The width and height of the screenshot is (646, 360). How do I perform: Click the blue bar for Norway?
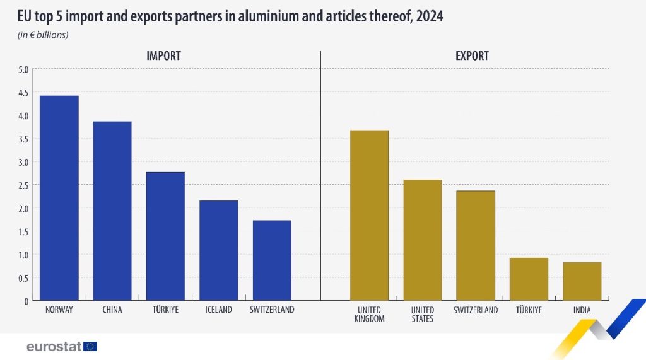(x=59, y=198)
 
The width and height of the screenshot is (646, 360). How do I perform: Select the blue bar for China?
(x=112, y=211)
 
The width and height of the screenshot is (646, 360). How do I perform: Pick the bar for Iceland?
(x=218, y=250)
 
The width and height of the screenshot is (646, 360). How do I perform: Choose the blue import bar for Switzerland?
(x=272, y=260)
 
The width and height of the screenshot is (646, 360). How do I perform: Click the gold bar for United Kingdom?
(x=369, y=215)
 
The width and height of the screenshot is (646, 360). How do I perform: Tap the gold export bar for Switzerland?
(x=476, y=245)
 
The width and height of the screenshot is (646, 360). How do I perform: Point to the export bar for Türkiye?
(x=529, y=279)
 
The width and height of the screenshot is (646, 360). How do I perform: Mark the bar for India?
(x=582, y=281)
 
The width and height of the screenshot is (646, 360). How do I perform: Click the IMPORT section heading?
(x=163, y=56)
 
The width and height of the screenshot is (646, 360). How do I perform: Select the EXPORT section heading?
(x=472, y=56)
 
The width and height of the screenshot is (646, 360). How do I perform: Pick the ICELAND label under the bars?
(x=218, y=310)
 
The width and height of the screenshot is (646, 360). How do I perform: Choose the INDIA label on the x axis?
(x=582, y=310)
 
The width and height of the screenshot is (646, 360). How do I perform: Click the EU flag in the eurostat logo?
(x=90, y=346)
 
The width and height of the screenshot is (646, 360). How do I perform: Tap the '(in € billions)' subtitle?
(x=43, y=35)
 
